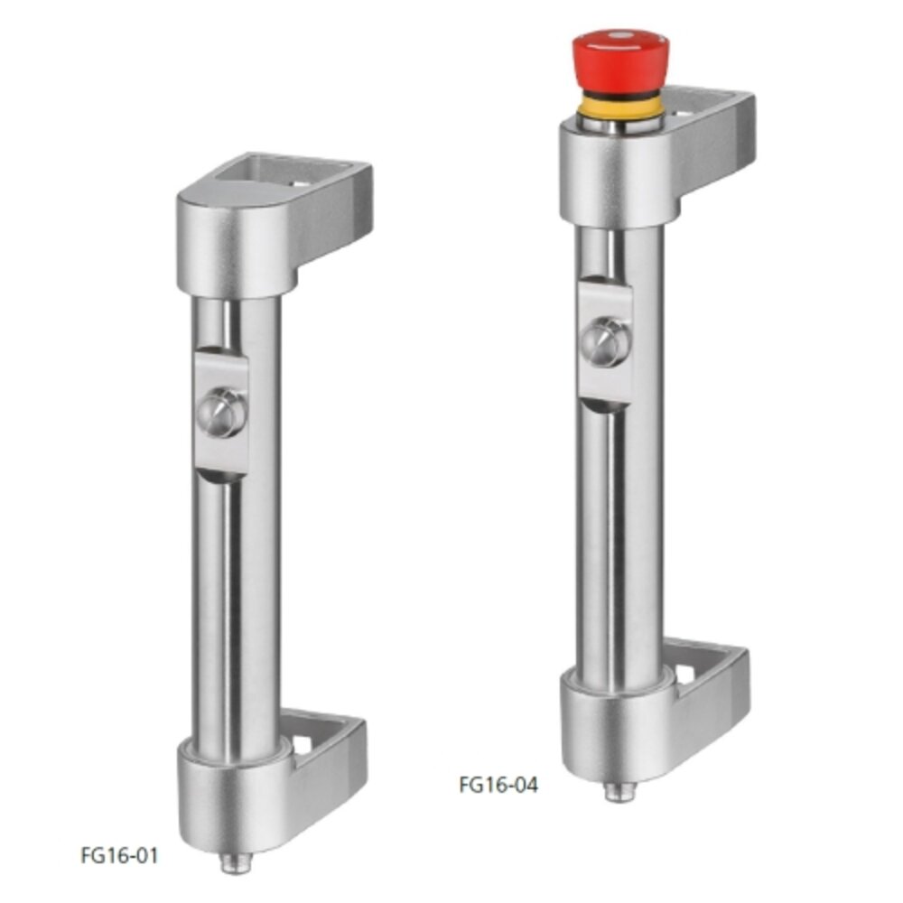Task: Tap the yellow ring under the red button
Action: coord(619,107)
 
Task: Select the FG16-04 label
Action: coord(498,784)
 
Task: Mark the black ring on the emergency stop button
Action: coord(619,94)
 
